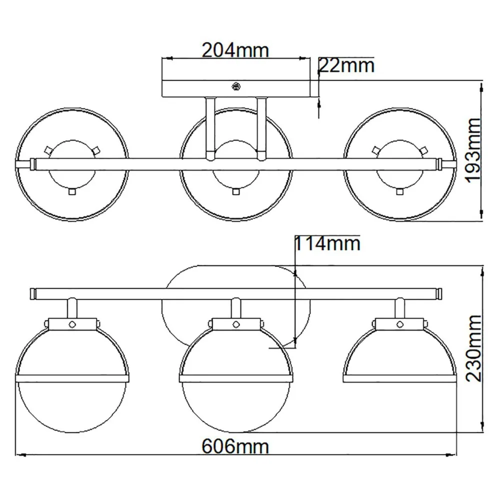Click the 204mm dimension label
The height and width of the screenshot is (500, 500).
pos(235,50)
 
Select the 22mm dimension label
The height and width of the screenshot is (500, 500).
pos(346,65)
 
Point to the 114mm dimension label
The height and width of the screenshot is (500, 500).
pos(327,243)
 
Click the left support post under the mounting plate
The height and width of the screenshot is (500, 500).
pos(210,127)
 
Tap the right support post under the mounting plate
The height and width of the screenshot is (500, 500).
pos(260,127)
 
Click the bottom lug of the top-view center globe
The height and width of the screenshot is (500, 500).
pos(235,190)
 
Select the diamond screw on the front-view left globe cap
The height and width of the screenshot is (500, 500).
pos(71,323)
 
